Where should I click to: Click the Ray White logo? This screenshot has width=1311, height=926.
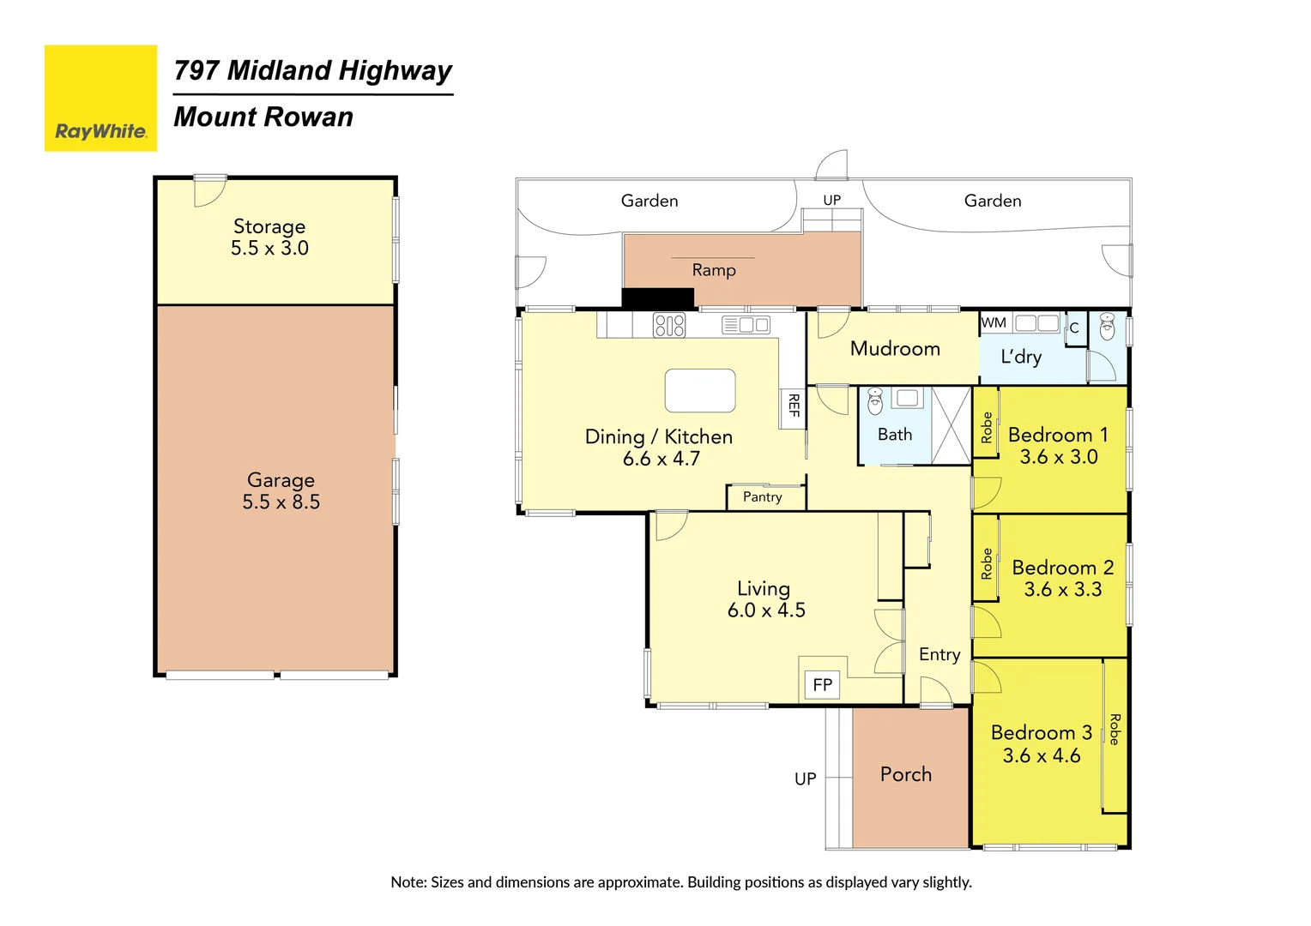pyautogui.click(x=100, y=99)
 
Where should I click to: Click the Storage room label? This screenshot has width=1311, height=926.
pyautogui.click(x=269, y=226)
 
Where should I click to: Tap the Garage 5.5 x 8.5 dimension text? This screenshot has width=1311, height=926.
pyautogui.click(x=281, y=502)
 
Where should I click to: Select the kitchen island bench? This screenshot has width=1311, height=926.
pyautogui.click(x=700, y=391)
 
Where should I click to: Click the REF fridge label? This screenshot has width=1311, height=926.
pyautogui.click(x=794, y=406)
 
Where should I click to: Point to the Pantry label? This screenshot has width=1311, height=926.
pyautogui.click(x=763, y=497)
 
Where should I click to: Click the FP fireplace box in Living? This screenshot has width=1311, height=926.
pyautogui.click(x=822, y=684)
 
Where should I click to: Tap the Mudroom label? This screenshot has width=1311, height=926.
pyautogui.click(x=895, y=349)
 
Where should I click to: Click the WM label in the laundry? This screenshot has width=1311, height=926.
pyautogui.click(x=994, y=323)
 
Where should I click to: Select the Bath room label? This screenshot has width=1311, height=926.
pyautogui.click(x=895, y=435)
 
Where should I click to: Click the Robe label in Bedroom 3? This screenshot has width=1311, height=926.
pyautogui.click(x=1115, y=729)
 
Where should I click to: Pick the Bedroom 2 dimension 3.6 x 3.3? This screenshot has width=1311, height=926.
pyautogui.click(x=1062, y=590)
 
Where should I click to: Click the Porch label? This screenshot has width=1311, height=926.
pyautogui.click(x=906, y=774)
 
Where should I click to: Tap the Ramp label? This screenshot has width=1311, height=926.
pyautogui.click(x=714, y=270)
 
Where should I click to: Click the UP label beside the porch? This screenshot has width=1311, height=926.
pyautogui.click(x=805, y=779)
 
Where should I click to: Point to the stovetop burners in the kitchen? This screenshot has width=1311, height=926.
pyautogui.click(x=669, y=325)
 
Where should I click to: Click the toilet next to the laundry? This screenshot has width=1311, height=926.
pyautogui.click(x=1108, y=327)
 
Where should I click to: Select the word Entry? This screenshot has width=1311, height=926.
pyautogui.click(x=939, y=654)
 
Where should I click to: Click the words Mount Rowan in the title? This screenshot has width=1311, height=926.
pyautogui.click(x=263, y=117)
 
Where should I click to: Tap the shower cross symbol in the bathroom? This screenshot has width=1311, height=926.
pyautogui.click(x=951, y=425)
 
